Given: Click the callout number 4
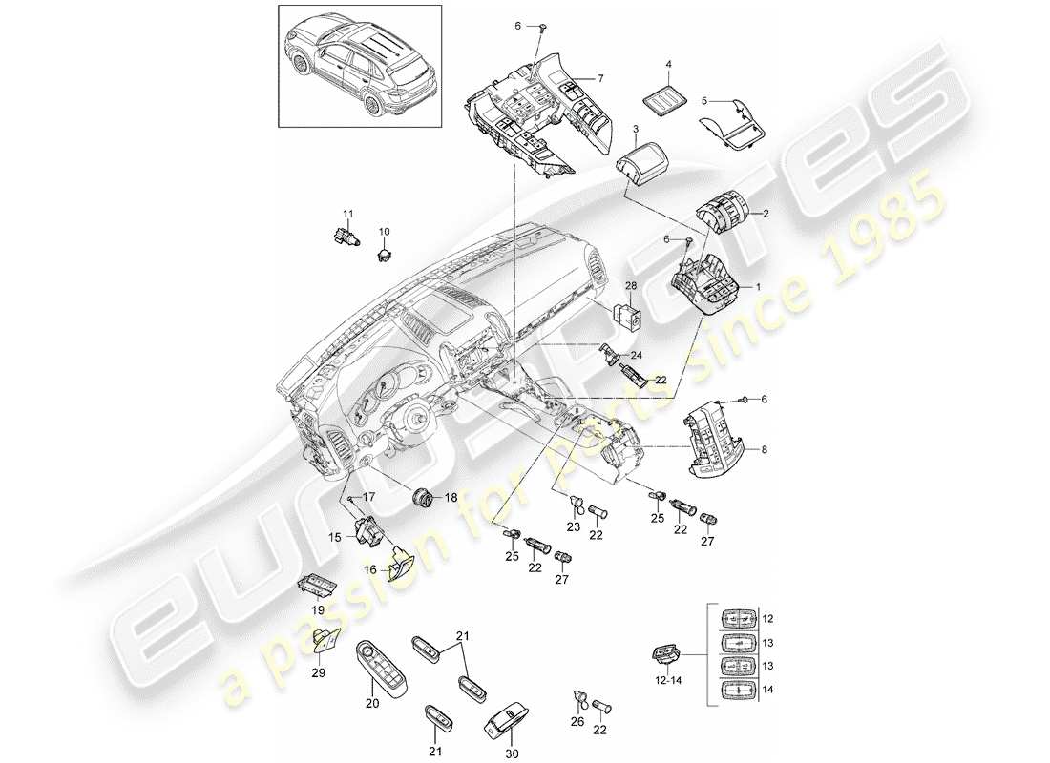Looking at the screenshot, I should click(x=669, y=65).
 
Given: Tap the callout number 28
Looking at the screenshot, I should click(x=631, y=287).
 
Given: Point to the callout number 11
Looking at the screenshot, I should click(x=348, y=213).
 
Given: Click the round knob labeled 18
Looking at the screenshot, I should click(x=422, y=497).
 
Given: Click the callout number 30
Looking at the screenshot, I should click(x=511, y=753).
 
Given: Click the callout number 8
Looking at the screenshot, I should click(x=762, y=448).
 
